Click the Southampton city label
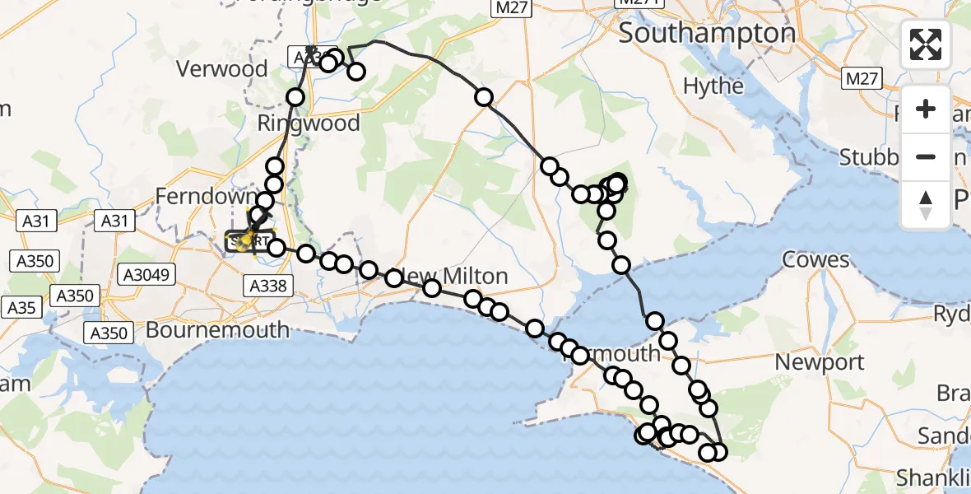click(707, 34)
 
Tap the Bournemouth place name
click(217, 330)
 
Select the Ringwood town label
click(309, 123)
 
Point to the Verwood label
click(223, 69)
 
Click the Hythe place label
click(713, 86)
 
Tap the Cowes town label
click(815, 260)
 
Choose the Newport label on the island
click(820, 362)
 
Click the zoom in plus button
click(926, 109)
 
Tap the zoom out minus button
click(926, 156)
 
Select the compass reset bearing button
click(926, 204)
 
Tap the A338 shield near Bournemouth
click(266, 285)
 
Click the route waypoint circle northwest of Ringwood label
click(295, 98)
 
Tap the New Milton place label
click(448, 275)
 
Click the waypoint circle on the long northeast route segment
click(484, 98)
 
